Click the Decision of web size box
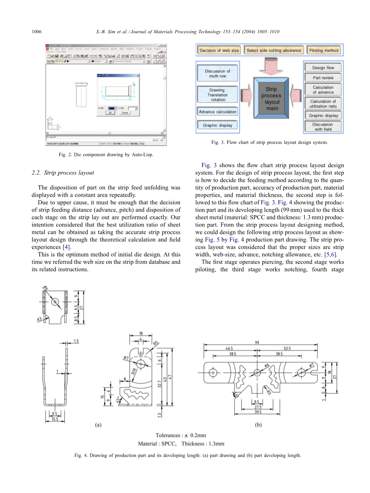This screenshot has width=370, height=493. [219, 50]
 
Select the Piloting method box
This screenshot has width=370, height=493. [324, 50]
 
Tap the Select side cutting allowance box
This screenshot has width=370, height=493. [274, 50]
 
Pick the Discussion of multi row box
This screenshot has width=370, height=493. [218, 74]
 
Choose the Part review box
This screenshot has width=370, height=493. [323, 78]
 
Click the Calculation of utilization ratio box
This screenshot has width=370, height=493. [323, 104]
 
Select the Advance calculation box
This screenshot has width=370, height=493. [218, 112]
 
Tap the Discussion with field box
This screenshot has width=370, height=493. [323, 127]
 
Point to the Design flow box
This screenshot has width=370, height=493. [323, 68]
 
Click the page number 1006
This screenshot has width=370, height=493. [37, 32]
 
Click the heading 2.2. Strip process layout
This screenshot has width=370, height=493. [63, 173]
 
